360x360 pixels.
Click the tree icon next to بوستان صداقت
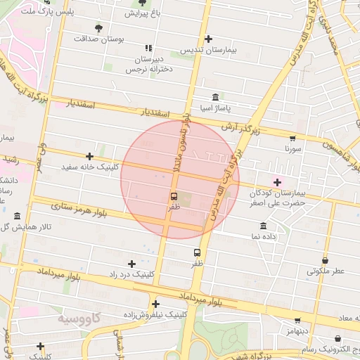click(98, 29)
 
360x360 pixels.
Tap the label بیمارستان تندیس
click(207, 50)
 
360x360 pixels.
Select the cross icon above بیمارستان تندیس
click(207, 39)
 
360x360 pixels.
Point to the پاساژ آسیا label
click(214, 108)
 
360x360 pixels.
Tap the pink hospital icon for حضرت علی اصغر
click(277, 182)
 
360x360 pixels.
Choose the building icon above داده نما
click(263, 226)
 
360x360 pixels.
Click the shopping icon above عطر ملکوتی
click(325, 260)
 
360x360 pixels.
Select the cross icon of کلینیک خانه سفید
click(89, 156)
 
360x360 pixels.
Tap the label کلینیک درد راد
click(131, 274)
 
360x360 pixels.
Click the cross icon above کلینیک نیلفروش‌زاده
click(155, 304)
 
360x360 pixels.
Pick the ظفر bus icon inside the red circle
click(174, 196)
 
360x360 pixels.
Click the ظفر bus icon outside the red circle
click(197, 251)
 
